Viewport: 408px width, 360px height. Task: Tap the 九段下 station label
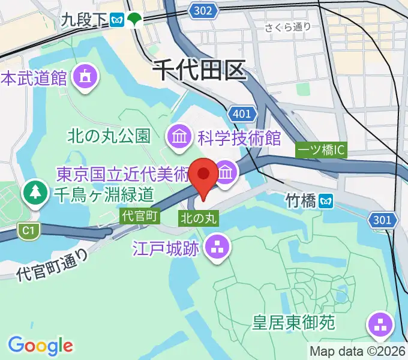83,20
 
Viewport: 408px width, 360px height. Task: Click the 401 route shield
242,113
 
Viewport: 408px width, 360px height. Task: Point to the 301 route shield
383,220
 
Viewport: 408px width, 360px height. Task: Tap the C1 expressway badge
26,229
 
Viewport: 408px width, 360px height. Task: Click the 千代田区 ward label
199,71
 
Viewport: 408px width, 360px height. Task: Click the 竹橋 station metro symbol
328,200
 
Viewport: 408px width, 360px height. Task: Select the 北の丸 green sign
198,216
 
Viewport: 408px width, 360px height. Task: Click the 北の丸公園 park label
108,137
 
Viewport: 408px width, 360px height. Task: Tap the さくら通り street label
289,26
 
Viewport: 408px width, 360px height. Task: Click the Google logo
40,345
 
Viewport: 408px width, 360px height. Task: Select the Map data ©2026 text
358,351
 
